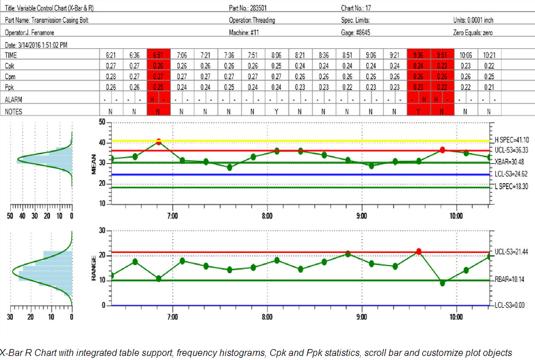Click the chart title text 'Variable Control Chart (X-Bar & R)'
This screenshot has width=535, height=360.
click(55, 9)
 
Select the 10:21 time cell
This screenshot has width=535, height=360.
click(489, 55)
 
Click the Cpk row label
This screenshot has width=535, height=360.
click(10, 66)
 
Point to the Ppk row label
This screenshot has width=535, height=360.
click(10, 87)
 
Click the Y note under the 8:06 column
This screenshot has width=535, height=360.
click(276, 112)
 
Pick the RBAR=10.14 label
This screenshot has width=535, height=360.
click(510, 281)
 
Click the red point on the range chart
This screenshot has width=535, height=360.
click(419, 251)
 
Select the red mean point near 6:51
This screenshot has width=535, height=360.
click(159, 141)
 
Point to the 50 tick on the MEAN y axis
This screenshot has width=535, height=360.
click(102, 122)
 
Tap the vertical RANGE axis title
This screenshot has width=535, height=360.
click(93, 269)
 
